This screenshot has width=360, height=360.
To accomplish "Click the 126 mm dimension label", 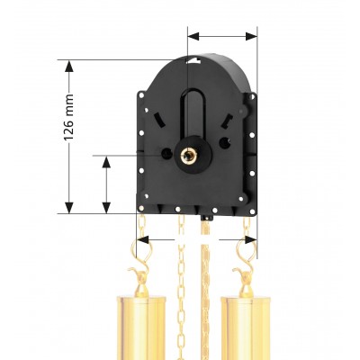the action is coord(68,117).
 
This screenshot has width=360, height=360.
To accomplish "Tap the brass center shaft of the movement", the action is coord(188,155).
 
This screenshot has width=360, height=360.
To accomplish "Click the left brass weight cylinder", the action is coord(141,328).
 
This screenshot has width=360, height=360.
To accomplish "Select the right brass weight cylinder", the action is coord(246,328).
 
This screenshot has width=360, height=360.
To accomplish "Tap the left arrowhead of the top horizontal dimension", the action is coord(193,36).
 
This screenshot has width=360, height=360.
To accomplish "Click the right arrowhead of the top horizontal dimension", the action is coord(251,36).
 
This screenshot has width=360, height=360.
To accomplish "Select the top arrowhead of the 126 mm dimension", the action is coord(69,66).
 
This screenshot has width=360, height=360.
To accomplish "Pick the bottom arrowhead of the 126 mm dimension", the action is coord(69,208).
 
